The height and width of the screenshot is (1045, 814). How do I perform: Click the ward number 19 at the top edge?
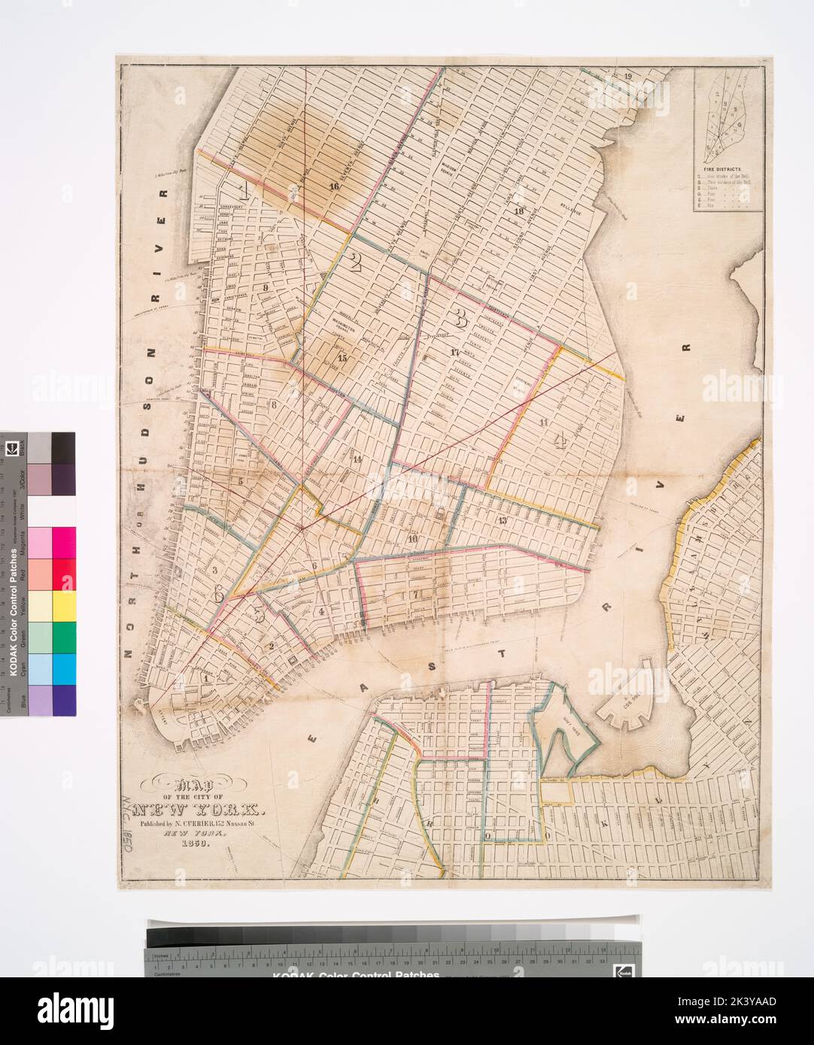628,74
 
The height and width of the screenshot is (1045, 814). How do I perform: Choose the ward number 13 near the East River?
502,520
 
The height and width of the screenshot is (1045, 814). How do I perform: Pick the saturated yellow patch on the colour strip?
63,605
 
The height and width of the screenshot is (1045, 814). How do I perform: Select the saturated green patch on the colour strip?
63,637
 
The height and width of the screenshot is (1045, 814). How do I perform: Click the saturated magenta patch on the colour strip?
63,542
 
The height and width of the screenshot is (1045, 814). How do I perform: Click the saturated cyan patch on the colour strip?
63,668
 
